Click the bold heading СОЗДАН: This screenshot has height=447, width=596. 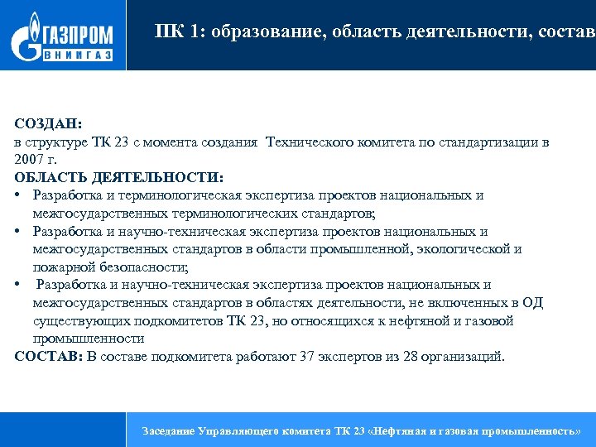(x=48, y=124)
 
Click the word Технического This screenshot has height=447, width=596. (x=309, y=142)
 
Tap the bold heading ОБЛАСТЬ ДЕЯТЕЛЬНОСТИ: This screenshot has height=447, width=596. (x=118, y=177)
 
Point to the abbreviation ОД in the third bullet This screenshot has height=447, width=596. (x=532, y=303)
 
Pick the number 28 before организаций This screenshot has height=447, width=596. (x=392, y=357)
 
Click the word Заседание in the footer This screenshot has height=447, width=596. (x=169, y=431)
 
